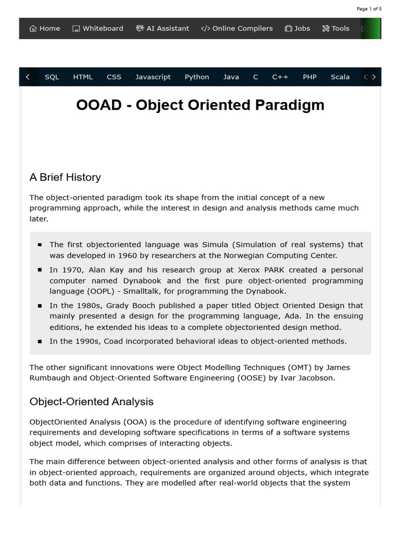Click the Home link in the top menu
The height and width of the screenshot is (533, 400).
click(45, 29)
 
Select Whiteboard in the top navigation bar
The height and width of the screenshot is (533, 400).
click(98, 29)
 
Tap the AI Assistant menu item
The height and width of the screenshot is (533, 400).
click(162, 29)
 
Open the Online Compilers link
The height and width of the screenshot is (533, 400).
click(237, 29)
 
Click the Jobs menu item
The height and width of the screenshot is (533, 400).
click(297, 29)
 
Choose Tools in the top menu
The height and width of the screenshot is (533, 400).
click(336, 29)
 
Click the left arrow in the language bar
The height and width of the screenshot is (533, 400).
click(28, 77)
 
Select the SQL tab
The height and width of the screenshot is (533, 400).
click(52, 77)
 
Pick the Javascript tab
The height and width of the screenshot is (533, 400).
click(153, 77)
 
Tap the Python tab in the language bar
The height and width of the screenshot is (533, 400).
click(197, 77)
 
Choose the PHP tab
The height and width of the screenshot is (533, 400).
click(309, 77)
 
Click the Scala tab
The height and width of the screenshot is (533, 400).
click(340, 77)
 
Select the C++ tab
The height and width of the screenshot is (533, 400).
click(280, 77)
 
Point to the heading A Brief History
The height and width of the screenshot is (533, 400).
click(65, 177)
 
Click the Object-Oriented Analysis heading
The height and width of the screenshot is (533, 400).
click(92, 402)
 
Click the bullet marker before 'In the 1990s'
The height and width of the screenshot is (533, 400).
click(40, 342)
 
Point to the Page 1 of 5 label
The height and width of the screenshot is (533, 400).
click(369, 9)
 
